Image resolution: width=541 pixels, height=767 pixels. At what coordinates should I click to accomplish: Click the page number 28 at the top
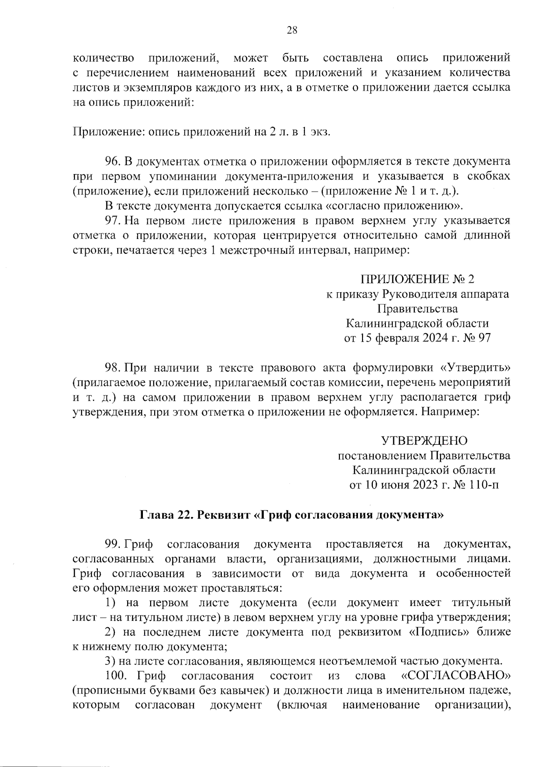click(x=292, y=30)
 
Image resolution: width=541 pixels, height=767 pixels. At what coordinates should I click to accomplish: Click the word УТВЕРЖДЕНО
click(x=424, y=440)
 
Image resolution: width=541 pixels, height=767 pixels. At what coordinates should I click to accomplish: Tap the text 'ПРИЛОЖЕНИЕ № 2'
click(x=417, y=279)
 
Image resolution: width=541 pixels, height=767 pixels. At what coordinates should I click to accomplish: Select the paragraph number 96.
click(x=112, y=161)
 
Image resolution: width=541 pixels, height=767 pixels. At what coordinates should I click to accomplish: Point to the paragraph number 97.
click(x=112, y=220)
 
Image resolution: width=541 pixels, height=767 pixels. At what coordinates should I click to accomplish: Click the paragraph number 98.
click(x=112, y=367)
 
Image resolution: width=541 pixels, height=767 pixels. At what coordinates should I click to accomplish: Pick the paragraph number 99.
click(x=112, y=544)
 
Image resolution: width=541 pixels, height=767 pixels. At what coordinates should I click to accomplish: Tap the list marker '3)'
click(x=110, y=662)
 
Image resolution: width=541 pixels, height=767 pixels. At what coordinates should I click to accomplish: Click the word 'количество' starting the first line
click(x=103, y=58)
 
